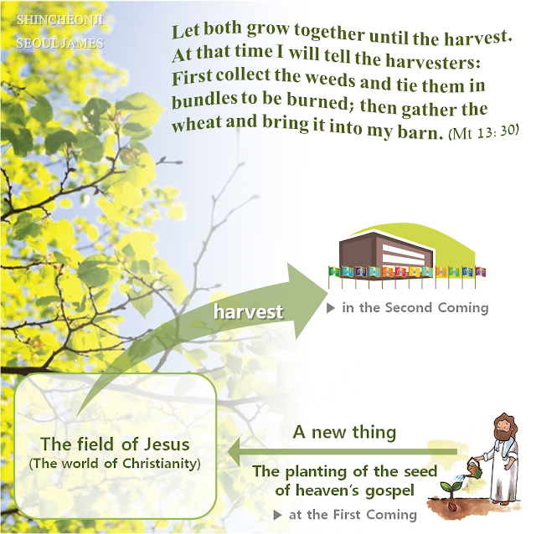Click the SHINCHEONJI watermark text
(60, 20)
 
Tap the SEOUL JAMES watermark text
(60, 44)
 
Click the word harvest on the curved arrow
(249, 311)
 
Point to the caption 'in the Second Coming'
(415, 307)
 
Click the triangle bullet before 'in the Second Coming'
(331, 308)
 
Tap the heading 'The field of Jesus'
(116, 444)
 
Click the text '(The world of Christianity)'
(115, 464)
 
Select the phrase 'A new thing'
(344, 432)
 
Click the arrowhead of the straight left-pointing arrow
(236, 453)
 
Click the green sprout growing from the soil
(451, 487)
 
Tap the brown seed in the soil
(451, 506)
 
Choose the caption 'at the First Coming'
(353, 515)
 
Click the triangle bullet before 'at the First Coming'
(277, 516)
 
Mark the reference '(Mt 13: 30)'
(484, 131)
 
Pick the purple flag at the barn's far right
(480, 272)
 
